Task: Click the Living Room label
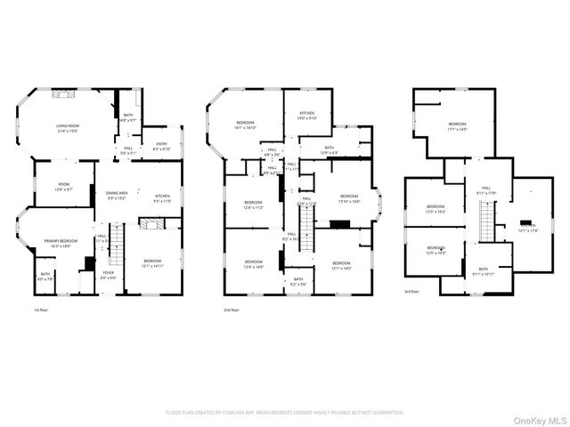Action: pyautogui.click(x=68, y=126)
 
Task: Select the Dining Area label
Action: pyautogui.click(x=117, y=193)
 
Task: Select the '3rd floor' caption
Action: pyautogui.click(x=411, y=292)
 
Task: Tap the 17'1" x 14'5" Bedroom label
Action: pyautogui.click(x=456, y=125)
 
